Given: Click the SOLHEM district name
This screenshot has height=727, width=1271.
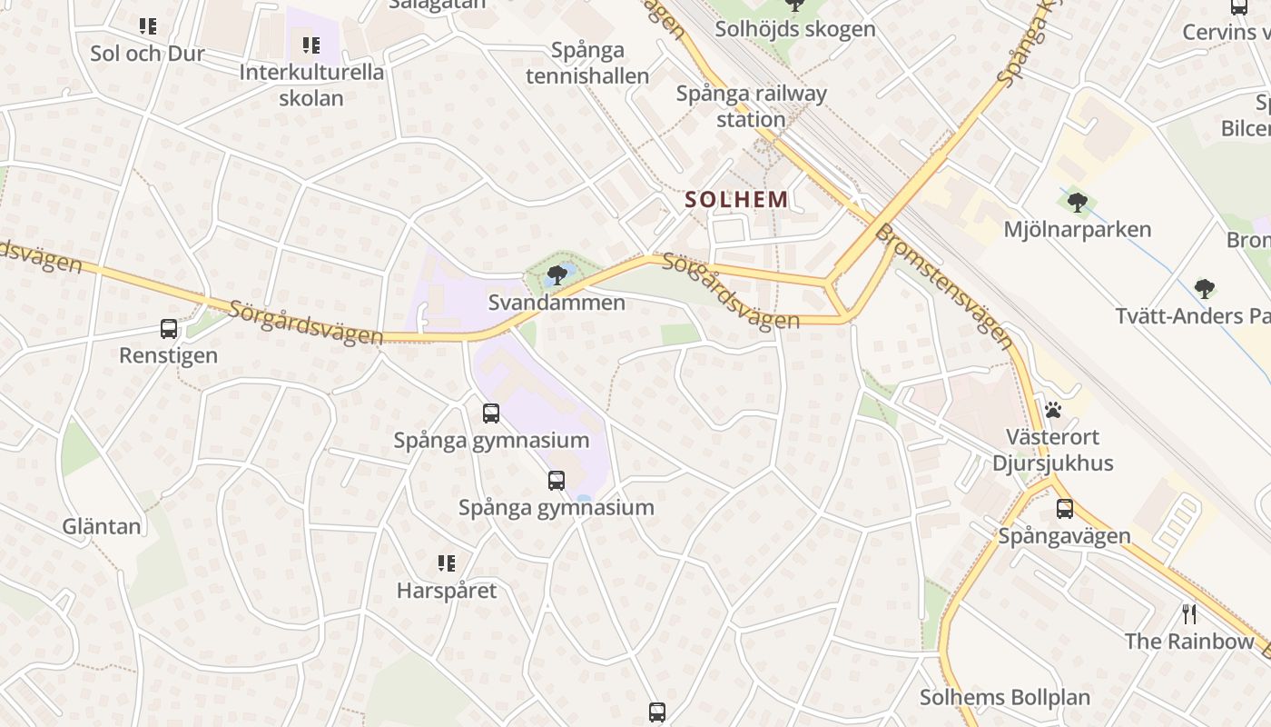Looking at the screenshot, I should (x=736, y=199).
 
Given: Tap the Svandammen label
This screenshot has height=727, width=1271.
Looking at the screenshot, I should (x=557, y=303).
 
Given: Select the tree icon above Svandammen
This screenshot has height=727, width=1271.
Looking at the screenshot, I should (x=557, y=275).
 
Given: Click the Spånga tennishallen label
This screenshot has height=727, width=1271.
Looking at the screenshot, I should (x=588, y=63).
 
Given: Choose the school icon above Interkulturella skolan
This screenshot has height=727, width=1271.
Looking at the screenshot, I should (x=311, y=45).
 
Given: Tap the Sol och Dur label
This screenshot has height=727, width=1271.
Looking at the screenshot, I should (x=147, y=54).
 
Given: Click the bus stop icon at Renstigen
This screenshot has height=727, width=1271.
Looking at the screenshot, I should (x=169, y=329).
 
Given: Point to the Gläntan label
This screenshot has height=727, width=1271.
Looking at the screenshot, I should (x=102, y=526).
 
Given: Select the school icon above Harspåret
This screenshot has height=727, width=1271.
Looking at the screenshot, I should (x=447, y=563).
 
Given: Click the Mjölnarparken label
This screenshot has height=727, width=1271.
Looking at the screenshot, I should (x=1077, y=229).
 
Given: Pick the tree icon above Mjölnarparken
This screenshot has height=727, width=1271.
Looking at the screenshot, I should (x=1078, y=202).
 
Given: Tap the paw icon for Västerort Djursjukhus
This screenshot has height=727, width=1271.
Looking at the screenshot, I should (x=1053, y=410).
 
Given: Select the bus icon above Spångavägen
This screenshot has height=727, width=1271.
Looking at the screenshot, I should (x=1065, y=509).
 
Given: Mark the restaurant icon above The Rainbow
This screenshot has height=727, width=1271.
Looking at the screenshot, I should (x=1189, y=613).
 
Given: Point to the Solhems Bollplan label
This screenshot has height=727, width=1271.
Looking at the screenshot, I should (x=1005, y=698).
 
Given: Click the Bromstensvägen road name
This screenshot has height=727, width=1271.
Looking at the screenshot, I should (x=943, y=286).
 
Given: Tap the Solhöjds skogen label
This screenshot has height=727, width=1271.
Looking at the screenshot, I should (x=794, y=28).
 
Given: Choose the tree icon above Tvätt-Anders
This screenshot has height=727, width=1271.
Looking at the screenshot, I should (x=1205, y=289).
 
